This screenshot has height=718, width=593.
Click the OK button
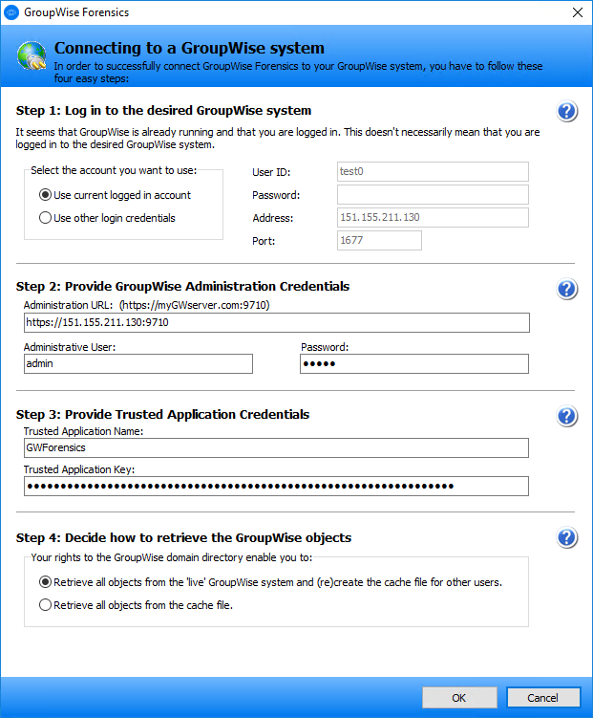(458, 698)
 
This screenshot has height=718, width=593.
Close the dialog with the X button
(577, 13)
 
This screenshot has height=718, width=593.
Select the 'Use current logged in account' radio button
(45, 195)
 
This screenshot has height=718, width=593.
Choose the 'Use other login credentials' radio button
(45, 218)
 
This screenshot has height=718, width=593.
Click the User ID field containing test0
(433, 172)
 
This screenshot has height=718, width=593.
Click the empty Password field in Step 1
(433, 195)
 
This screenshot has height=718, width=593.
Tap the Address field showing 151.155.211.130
(433, 218)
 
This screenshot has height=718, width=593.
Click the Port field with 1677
(379, 241)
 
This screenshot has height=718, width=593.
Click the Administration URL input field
(276, 322)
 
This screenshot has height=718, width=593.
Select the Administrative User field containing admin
(138, 363)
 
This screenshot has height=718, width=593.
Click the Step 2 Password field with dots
(413, 363)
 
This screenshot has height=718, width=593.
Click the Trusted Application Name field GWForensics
(276, 447)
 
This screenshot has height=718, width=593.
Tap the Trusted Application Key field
(276, 487)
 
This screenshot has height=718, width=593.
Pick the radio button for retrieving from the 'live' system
(45, 582)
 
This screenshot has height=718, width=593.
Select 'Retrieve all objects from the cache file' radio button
(45, 604)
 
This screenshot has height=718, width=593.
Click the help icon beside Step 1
(567, 112)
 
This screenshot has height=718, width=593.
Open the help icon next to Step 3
(567, 416)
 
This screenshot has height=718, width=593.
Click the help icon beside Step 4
(567, 538)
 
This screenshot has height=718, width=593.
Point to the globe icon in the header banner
(32, 56)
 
